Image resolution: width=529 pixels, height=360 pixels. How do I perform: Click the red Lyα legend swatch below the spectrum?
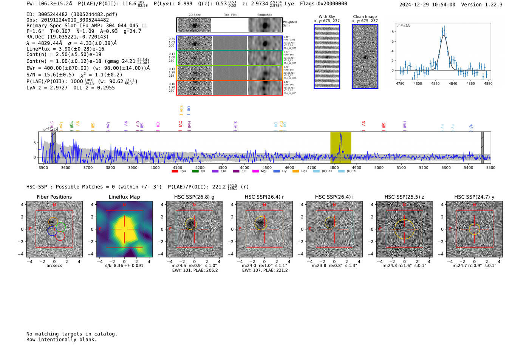(175, 171)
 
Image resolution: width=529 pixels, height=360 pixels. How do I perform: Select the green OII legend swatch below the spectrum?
(195, 171)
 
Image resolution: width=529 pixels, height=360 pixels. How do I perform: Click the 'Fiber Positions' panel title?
(54, 197)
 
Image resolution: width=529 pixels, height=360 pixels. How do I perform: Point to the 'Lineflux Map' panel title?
(124, 197)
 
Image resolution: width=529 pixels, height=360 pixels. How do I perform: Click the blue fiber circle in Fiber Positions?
(52, 231)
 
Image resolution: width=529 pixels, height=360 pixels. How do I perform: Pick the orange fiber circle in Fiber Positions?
(53, 221)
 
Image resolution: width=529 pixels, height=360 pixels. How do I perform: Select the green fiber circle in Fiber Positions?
(61, 227)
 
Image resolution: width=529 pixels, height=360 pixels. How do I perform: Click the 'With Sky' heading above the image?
(327, 17)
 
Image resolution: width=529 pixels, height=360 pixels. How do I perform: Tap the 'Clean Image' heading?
(365, 17)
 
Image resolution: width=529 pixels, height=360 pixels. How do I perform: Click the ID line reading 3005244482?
(72, 14)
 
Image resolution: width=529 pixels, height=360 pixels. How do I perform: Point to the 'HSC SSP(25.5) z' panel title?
(404, 197)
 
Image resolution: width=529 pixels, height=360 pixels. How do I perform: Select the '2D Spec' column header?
(195, 15)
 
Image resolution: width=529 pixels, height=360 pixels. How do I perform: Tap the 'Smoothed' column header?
(264, 15)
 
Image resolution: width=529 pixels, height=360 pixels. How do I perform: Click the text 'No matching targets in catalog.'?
(72, 334)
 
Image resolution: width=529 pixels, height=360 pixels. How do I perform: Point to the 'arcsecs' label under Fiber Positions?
(54, 266)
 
